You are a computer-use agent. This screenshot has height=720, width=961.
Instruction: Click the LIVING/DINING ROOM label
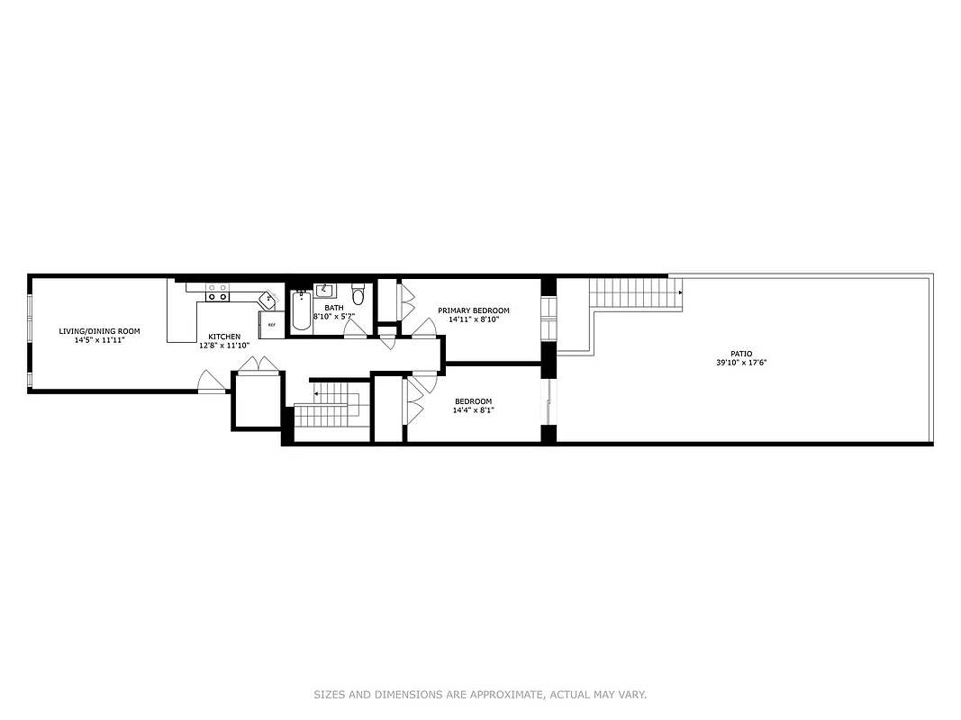99,331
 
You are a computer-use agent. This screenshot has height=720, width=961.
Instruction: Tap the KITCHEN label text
224,337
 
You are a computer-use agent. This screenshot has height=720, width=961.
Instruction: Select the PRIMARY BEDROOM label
473,310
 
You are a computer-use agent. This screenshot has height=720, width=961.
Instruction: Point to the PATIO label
741,354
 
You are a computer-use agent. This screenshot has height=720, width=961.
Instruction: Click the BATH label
322,308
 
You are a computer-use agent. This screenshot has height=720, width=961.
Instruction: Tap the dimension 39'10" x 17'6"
741,363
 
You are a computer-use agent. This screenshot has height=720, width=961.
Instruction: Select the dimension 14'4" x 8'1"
473,410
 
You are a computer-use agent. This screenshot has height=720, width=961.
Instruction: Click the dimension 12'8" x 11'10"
224,346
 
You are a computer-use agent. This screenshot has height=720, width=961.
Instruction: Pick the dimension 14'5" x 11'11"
99,340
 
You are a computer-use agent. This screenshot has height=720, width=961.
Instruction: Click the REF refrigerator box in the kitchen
271,324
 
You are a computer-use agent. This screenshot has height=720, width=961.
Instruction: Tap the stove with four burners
217,292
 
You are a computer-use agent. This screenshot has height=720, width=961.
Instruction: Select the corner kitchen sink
268,297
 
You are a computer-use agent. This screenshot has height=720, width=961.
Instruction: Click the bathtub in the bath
300,311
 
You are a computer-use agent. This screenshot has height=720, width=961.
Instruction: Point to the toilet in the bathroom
358,294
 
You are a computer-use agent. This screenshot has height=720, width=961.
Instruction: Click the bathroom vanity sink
325,290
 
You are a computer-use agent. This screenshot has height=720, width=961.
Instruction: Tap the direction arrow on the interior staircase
316,393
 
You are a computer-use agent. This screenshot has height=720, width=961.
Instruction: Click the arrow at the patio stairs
680,292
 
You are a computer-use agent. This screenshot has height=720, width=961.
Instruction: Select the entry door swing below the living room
213,383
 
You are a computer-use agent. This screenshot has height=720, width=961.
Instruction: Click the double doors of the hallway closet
258,364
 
